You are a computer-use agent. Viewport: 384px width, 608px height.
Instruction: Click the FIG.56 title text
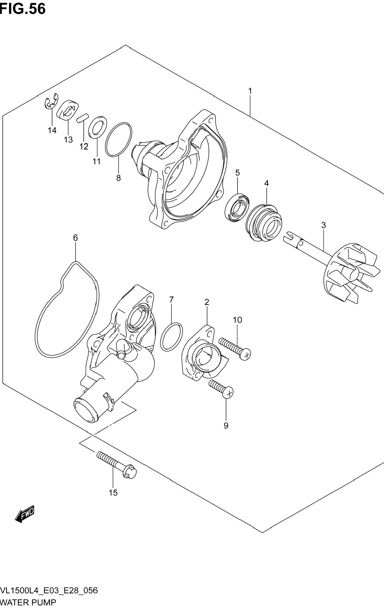[23, 9]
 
